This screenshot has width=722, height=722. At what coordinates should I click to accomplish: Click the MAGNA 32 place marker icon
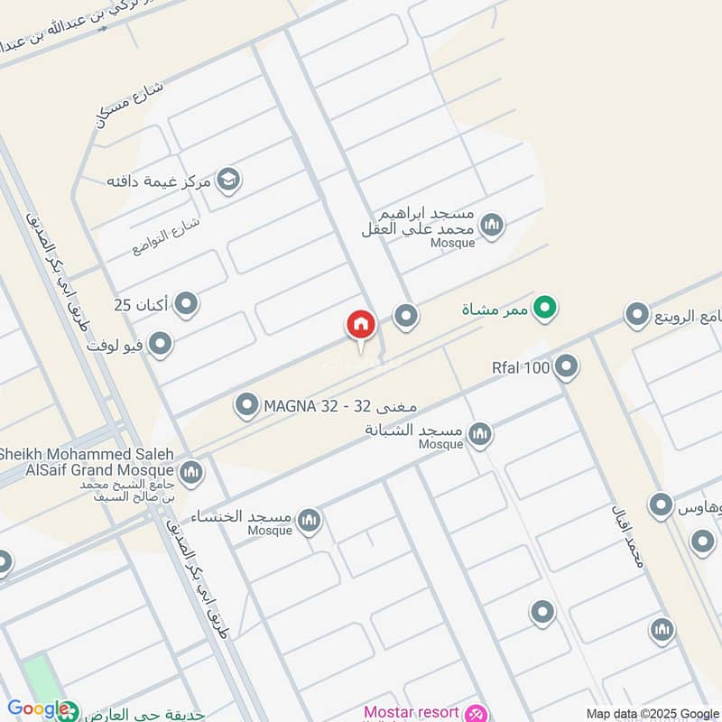246,406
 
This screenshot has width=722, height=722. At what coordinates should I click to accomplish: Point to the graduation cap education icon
229,180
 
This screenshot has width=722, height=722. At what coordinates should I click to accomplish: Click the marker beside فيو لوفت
161,344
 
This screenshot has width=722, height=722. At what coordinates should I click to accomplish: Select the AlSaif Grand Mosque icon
190,471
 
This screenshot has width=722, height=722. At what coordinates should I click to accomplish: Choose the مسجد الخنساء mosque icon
310,520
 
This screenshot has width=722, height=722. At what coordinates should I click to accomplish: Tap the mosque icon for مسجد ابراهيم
492,225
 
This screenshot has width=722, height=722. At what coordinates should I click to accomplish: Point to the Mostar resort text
412,713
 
